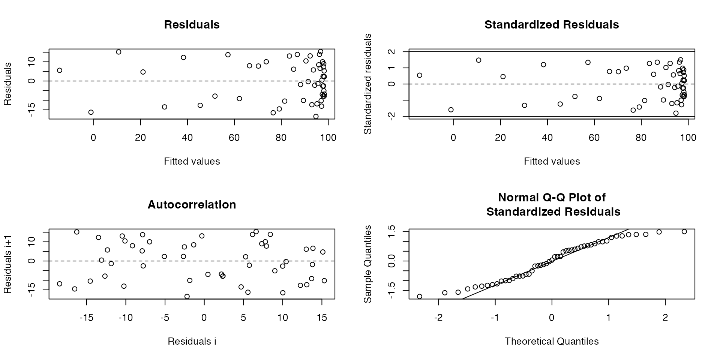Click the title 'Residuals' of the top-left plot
click(192, 25)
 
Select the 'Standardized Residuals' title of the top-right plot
click(552, 25)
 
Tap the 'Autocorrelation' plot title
click(192, 205)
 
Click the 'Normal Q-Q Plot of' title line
click(552, 198)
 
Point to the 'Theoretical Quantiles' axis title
click(552, 341)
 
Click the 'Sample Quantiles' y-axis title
click(368, 264)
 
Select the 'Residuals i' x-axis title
click(192, 341)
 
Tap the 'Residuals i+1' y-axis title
click(8, 264)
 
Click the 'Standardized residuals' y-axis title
click(368, 84)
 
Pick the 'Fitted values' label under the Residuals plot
click(192, 161)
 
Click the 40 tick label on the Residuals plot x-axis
click(187, 138)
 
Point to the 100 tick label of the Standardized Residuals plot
click(688, 138)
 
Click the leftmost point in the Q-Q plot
click(420, 297)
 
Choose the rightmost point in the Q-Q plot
click(684, 232)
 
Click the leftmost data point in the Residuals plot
click(60, 70)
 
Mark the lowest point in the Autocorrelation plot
click(187, 297)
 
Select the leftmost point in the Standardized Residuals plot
click(420, 75)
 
